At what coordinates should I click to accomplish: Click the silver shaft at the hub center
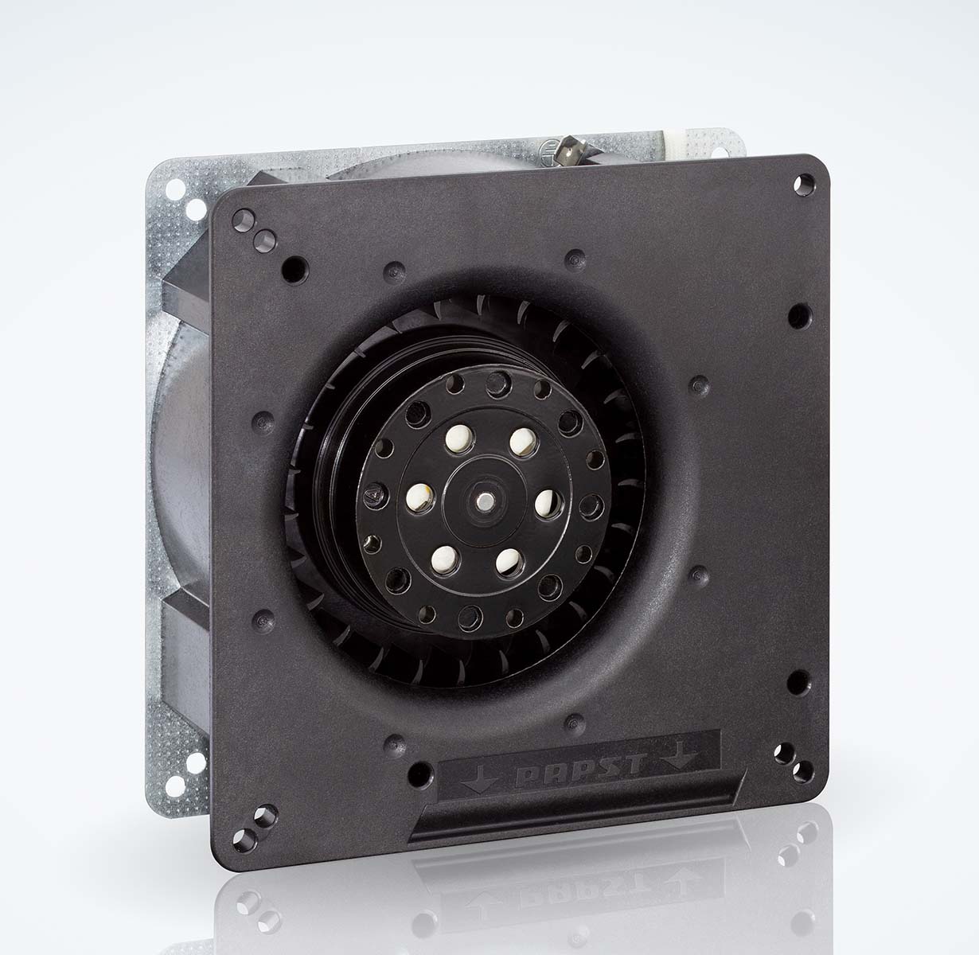483,503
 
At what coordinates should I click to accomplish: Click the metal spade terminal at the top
571,149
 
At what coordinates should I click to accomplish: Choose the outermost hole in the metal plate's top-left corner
172,190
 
